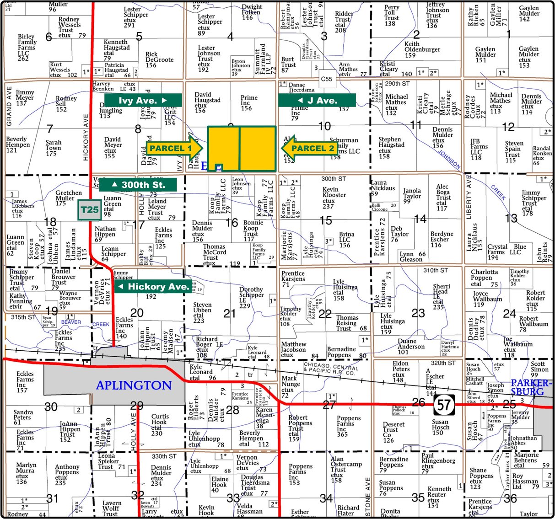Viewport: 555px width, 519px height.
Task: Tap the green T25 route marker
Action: point(89,210)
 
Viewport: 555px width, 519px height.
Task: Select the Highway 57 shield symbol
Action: point(443,405)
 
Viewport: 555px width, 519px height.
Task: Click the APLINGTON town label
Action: point(134,385)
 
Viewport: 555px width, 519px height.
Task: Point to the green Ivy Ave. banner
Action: point(143,100)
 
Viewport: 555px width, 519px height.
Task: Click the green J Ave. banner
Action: point(317,100)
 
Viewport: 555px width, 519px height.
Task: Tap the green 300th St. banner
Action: point(138,185)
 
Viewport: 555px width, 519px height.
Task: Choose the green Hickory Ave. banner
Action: point(153,287)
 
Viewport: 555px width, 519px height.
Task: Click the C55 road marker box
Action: point(326,79)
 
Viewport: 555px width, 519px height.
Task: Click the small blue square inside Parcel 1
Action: point(219,167)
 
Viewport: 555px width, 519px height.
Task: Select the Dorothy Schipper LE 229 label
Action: point(251,297)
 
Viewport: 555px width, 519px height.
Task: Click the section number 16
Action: point(232,223)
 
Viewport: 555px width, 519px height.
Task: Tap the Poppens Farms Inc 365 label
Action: point(348,426)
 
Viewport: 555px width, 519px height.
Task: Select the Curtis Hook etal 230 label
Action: point(160,425)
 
